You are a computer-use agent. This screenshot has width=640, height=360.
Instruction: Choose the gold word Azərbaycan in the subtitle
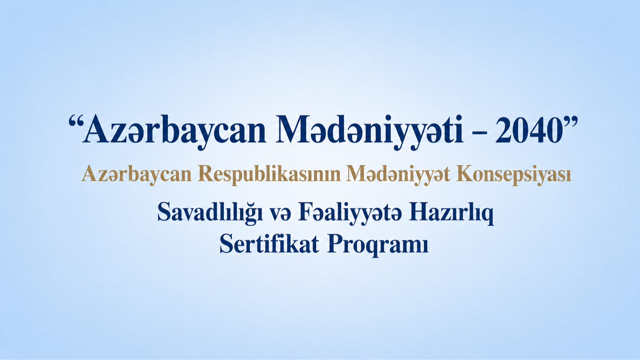(x=136, y=174)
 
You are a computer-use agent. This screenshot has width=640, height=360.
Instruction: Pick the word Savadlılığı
(x=210, y=213)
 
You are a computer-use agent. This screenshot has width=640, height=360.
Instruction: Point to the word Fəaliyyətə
(x=350, y=213)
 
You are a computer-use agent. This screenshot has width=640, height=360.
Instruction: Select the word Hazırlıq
(x=451, y=213)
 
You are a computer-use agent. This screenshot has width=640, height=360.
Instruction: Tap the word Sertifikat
(x=269, y=244)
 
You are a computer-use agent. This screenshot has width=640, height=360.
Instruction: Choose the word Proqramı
(x=378, y=245)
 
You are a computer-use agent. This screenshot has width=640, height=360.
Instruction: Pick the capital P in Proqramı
(x=335, y=244)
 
